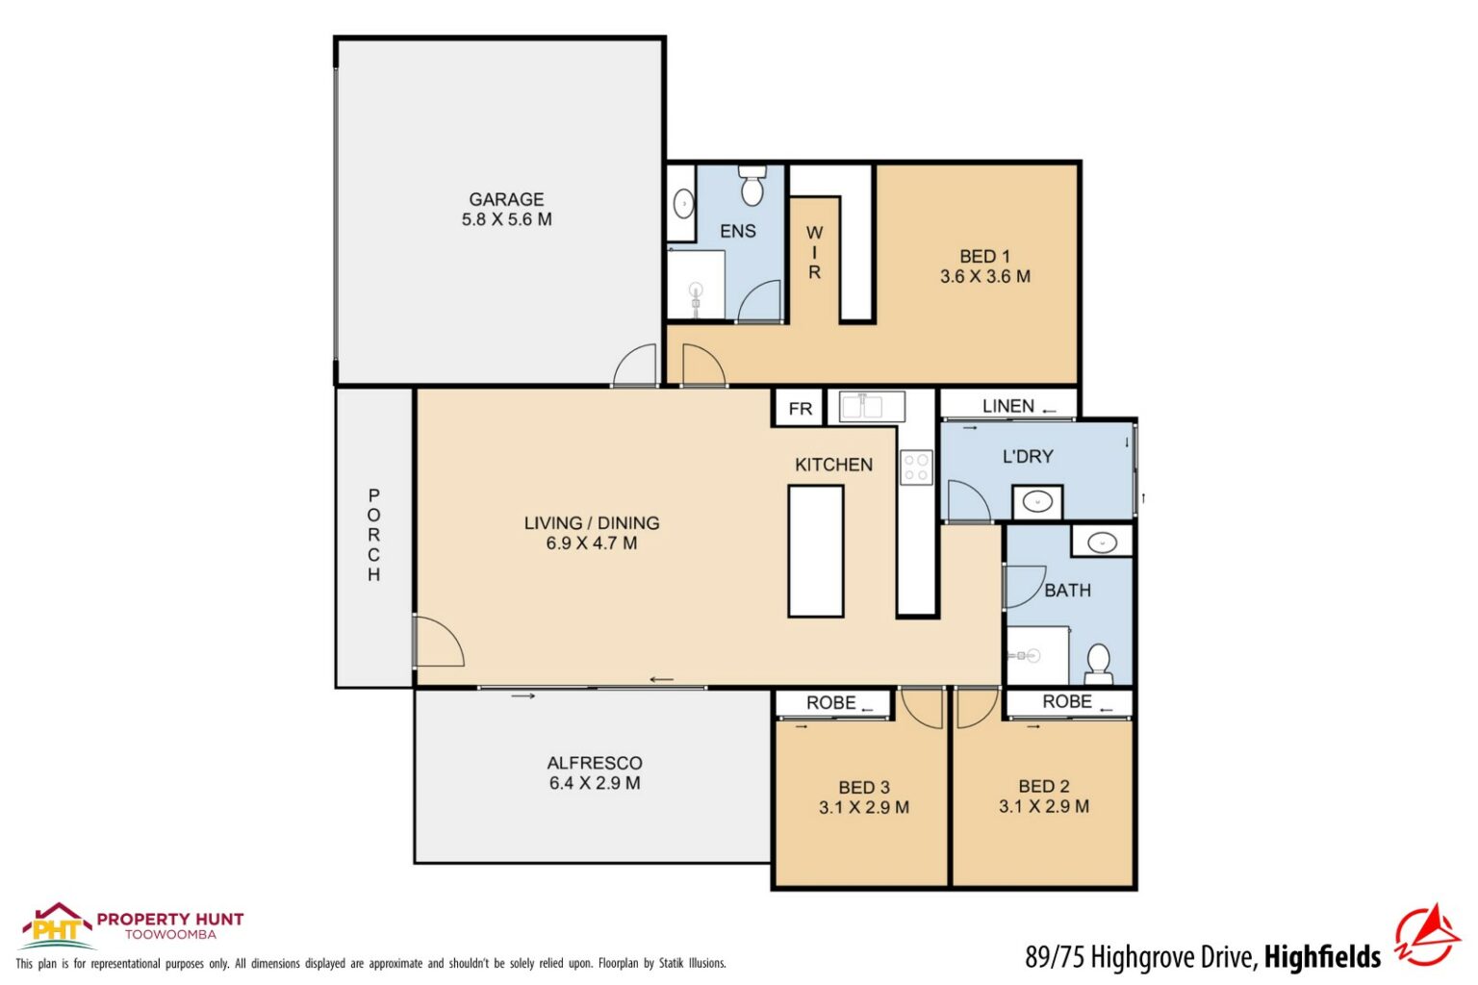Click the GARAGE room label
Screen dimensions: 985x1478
coord(506,199)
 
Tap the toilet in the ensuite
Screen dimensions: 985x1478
coord(752,186)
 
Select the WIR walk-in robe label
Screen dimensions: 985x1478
coord(814,252)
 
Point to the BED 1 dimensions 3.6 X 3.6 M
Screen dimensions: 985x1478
coord(984,277)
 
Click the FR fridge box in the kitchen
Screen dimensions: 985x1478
coord(800,409)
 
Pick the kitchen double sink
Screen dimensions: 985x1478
coord(872,406)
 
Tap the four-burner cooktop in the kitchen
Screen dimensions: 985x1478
coord(916,467)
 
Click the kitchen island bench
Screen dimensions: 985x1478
coord(816,551)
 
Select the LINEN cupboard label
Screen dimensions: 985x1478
coord(1007,406)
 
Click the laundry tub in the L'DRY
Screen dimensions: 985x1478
coord(1037,501)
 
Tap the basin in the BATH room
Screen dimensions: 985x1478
coord(1102,543)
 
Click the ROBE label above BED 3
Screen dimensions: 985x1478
coord(830,703)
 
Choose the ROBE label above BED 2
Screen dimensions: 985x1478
coord(1066,702)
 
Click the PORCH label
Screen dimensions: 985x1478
coord(373,535)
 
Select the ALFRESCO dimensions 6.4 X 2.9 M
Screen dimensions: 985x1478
coord(594,784)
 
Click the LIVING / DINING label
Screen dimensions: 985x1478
coord(591,523)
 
